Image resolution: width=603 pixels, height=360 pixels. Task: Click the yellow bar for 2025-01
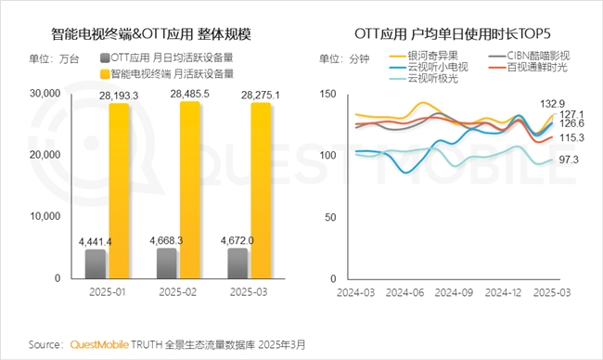click(119, 190)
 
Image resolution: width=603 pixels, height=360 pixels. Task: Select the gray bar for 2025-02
click(166, 263)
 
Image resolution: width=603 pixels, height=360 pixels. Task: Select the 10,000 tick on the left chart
click(44, 217)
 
